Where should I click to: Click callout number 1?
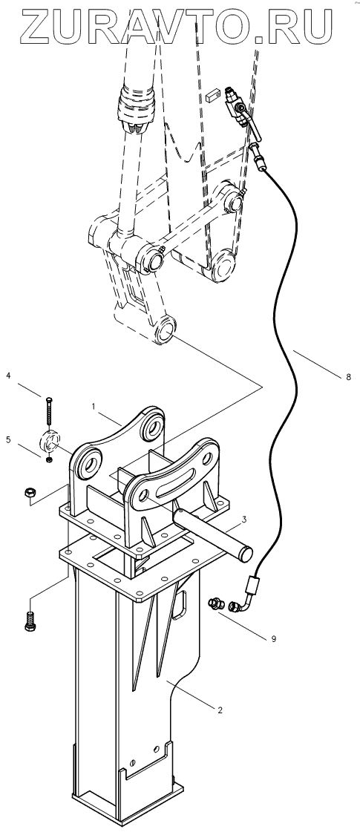pyautogui.click(x=94, y=406)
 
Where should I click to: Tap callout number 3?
pyautogui.click(x=244, y=518)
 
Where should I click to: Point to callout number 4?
pyautogui.click(x=8, y=376)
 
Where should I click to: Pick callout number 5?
pyautogui.click(x=8, y=439)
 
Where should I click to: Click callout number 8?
pyautogui.click(x=348, y=377)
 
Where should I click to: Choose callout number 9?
pyautogui.click(x=273, y=639)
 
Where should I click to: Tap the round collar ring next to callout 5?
pyautogui.click(x=50, y=441)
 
